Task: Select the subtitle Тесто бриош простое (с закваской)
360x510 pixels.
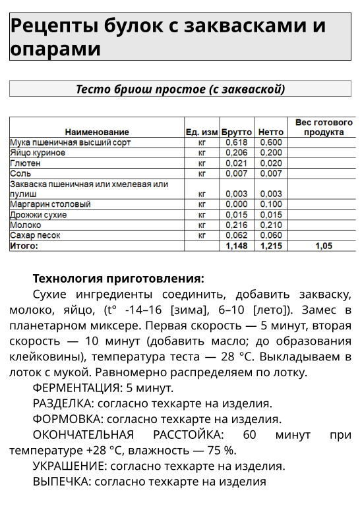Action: click(180, 89)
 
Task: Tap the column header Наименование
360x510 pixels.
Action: click(97, 132)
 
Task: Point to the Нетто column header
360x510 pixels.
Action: click(270, 132)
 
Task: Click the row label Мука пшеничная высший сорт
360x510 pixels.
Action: click(70, 142)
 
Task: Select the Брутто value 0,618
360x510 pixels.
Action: click(237, 142)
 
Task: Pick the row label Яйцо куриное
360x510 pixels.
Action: click(38, 153)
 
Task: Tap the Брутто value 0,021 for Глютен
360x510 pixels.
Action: click(237, 163)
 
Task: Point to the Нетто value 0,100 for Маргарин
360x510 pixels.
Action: click(270, 204)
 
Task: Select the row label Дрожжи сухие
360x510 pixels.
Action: click(38, 215)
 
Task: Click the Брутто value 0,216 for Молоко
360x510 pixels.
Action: click(237, 225)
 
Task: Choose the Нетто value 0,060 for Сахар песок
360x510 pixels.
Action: click(270, 235)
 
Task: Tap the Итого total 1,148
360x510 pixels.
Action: click(237, 246)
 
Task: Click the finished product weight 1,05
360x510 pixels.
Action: click(323, 246)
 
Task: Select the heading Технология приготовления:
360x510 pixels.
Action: click(119, 278)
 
